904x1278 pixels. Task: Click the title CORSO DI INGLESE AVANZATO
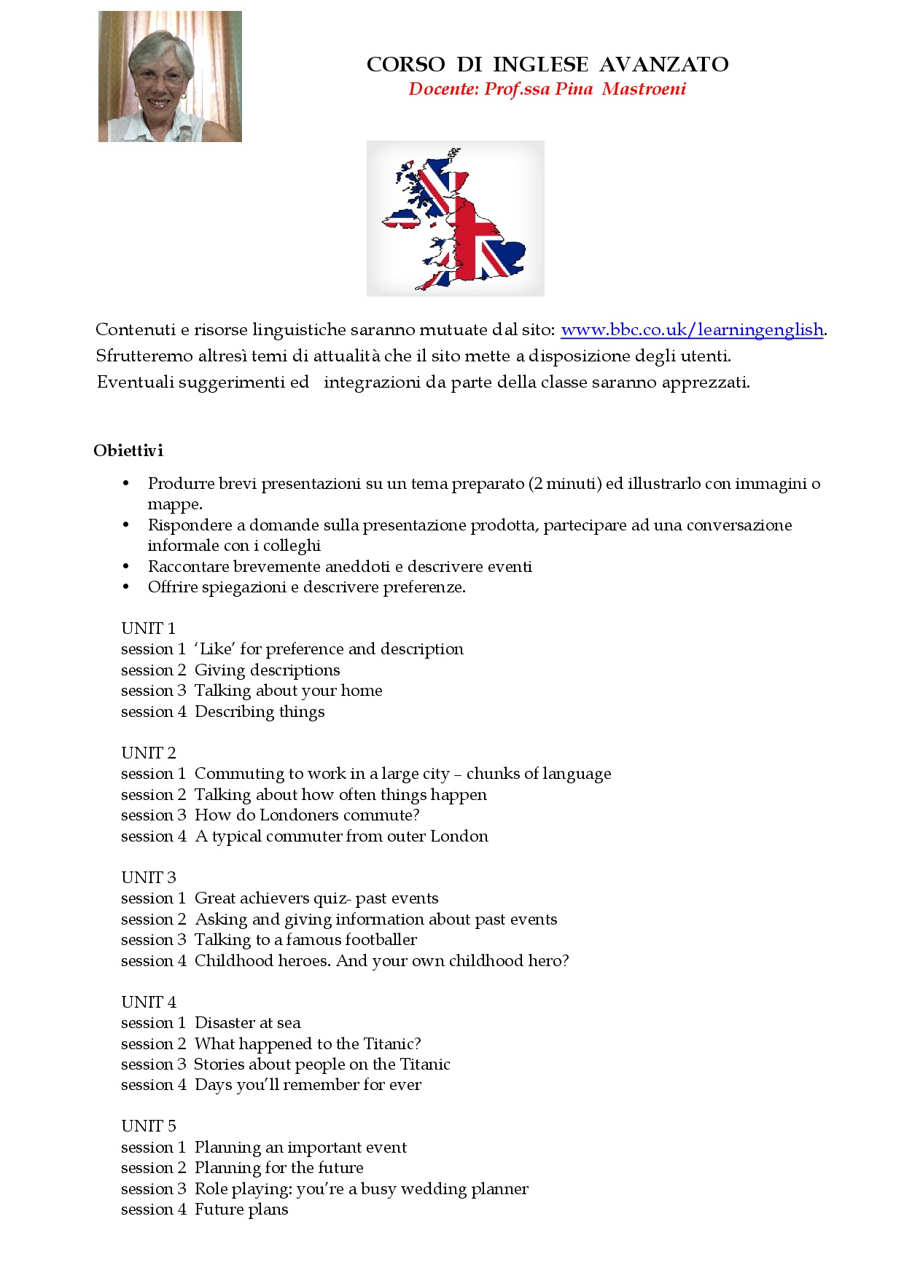click(547, 65)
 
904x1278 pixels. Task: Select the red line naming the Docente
click(547, 89)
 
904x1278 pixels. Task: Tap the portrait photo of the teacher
click(170, 77)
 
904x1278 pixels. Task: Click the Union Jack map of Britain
click(456, 219)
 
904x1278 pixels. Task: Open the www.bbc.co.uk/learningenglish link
click(692, 330)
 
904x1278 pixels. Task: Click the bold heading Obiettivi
click(128, 450)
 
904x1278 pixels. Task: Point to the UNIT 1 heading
click(148, 628)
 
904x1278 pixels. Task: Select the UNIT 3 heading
click(149, 877)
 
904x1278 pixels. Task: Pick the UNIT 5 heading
click(149, 1126)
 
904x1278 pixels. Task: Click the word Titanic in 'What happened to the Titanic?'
click(392, 1043)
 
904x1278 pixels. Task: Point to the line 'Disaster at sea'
click(248, 1022)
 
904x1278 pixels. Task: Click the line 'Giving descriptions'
click(267, 670)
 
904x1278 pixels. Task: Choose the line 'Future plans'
click(241, 1210)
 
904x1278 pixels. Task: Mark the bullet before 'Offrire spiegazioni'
click(126, 587)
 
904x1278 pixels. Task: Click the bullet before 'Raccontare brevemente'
click(126, 566)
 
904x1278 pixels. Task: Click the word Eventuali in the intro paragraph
click(133, 383)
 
